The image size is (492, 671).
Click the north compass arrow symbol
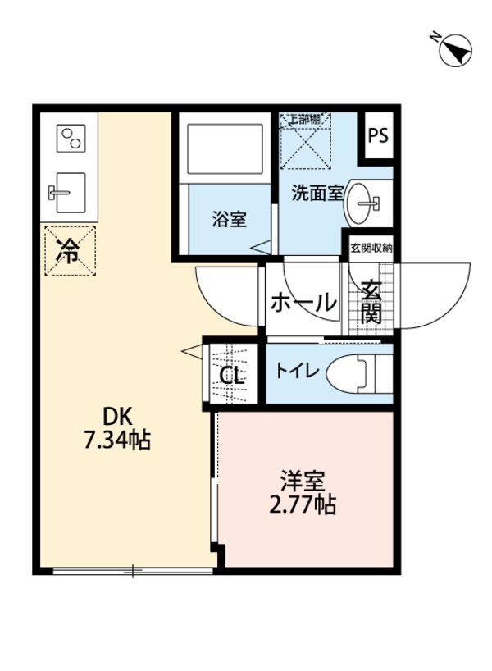[x=453, y=51]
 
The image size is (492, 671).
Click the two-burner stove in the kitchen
[x=71, y=138]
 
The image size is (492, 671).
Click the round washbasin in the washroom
[x=366, y=201]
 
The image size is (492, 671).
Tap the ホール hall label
[x=303, y=302]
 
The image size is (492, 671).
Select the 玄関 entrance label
[x=372, y=301]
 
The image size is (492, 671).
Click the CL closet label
[x=231, y=377]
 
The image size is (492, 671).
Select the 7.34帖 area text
[x=116, y=440]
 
